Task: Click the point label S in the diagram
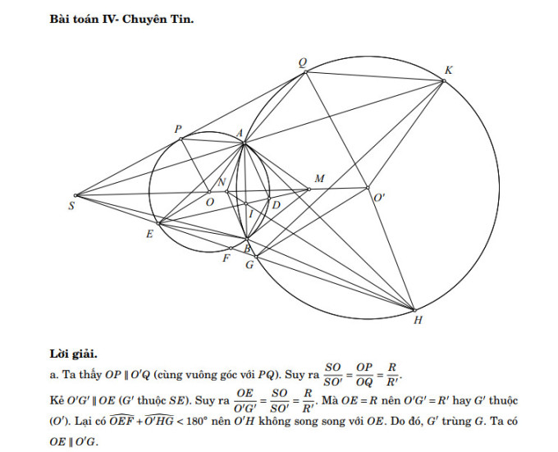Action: click(x=71, y=206)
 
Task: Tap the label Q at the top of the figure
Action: click(x=302, y=63)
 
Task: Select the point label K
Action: click(x=448, y=71)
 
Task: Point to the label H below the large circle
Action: click(x=418, y=321)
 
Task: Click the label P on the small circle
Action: click(x=178, y=129)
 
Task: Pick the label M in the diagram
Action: click(x=319, y=179)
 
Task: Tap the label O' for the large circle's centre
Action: click(x=379, y=198)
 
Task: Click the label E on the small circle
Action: click(x=150, y=234)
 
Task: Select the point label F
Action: click(x=226, y=258)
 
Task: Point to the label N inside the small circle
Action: click(x=222, y=182)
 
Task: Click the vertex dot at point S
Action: click(x=75, y=195)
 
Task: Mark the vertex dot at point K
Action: click(x=444, y=81)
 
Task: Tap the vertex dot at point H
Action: click(x=414, y=310)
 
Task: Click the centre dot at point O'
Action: click(x=368, y=188)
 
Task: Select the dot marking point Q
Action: click(x=305, y=72)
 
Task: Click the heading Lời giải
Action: click(x=73, y=354)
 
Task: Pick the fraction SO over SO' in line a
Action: click(x=333, y=374)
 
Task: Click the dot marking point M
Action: click(x=309, y=189)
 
